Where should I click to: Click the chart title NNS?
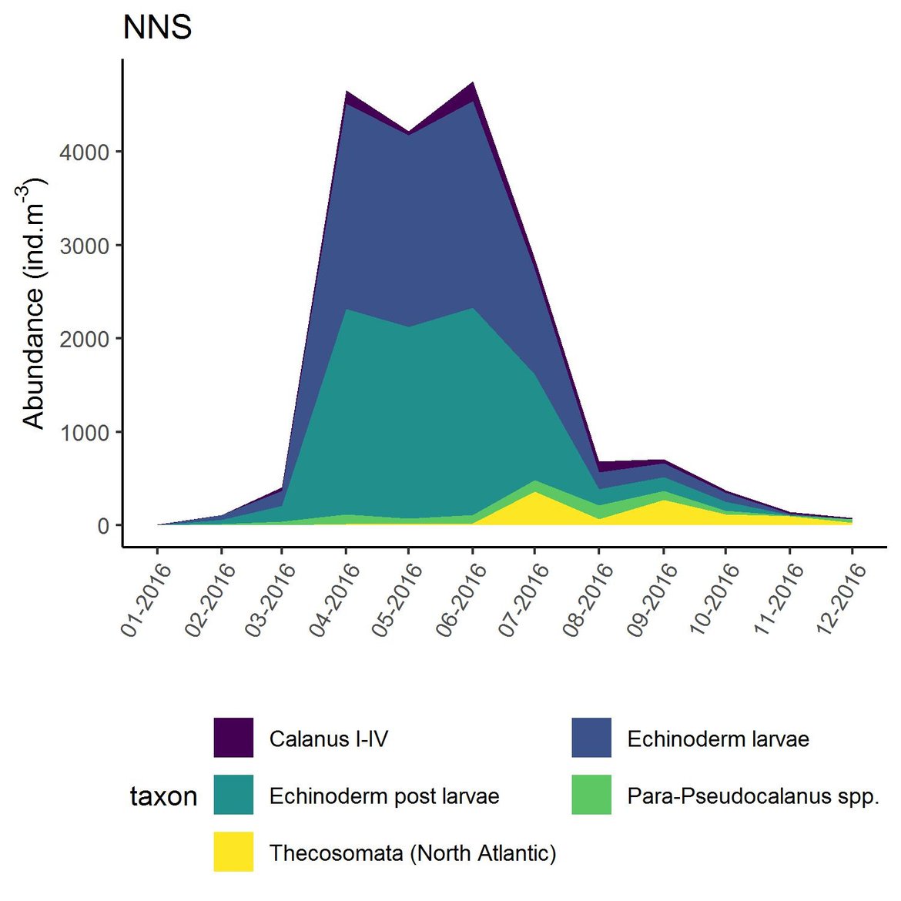pos(157,28)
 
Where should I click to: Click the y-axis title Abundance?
pos(33,303)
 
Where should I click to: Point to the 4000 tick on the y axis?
pos(85,152)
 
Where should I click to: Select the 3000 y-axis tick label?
pos(85,246)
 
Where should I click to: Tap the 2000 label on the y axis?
pos(85,339)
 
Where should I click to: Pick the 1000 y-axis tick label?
pos(85,433)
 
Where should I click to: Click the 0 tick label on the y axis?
pos(103,526)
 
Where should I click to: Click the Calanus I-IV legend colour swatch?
pos(233,738)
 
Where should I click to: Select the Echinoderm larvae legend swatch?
pos(591,738)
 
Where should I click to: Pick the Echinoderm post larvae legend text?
pos(384,795)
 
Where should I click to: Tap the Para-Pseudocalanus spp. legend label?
pos(752,795)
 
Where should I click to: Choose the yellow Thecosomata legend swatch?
pos(233,852)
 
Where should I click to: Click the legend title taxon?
pos(163,796)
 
